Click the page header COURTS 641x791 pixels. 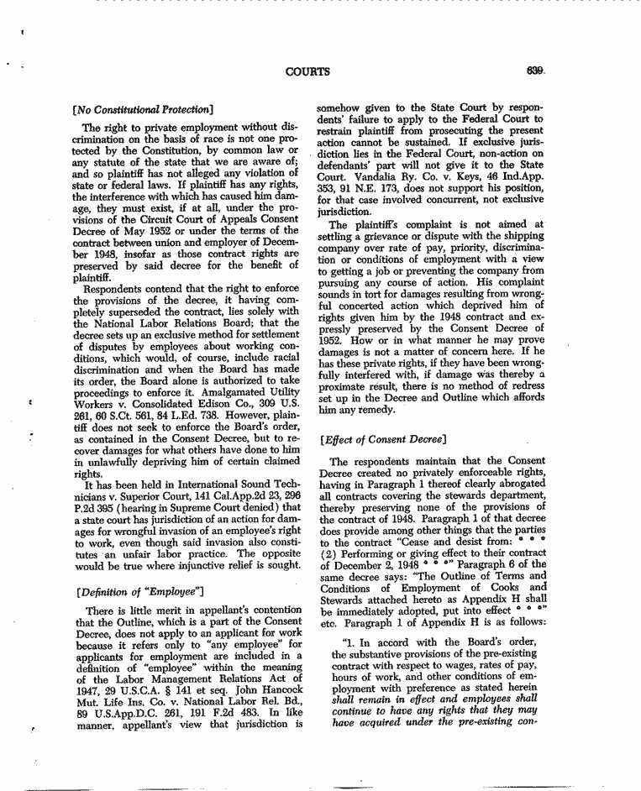(307, 71)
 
